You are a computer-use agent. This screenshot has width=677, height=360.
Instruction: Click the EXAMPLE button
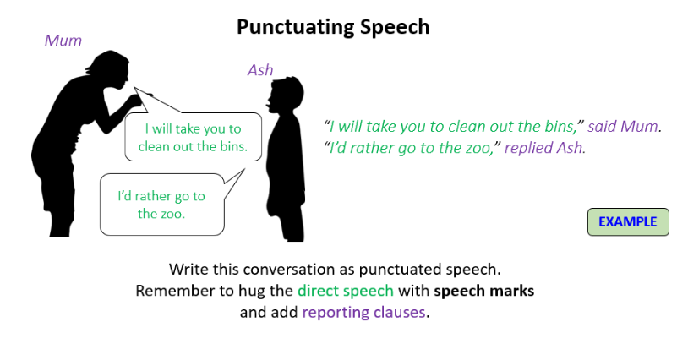pos(628,222)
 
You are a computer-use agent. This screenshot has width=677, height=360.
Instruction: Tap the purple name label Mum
pos(63,41)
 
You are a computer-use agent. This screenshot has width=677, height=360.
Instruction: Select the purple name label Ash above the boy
pos(260,70)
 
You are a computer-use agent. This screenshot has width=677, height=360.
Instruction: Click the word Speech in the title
pos(395,27)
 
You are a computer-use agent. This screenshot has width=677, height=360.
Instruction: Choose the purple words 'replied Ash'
pos(543,148)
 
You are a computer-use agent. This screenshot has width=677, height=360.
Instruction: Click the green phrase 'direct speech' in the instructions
pos(346,291)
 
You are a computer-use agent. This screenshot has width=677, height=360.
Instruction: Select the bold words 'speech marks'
pos(484,291)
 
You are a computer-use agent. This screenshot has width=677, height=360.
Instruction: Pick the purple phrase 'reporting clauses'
pos(364,312)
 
